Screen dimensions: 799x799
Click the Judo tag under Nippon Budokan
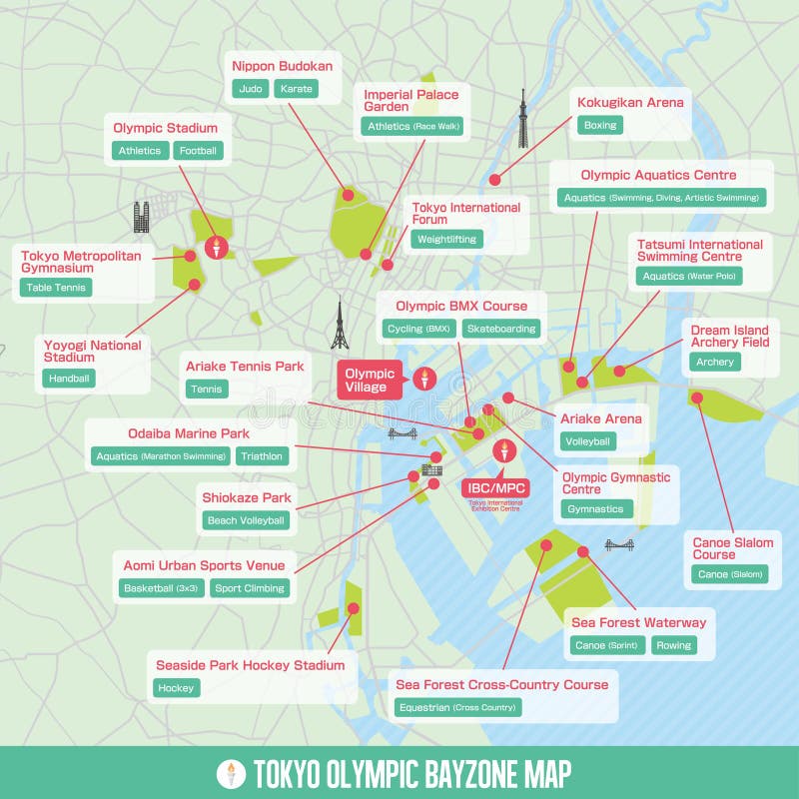coord(251,89)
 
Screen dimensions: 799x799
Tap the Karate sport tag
coord(296,89)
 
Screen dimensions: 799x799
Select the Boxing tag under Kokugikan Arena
coord(600,125)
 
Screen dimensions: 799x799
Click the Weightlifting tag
coord(446,239)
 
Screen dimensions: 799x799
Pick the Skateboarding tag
coord(501,328)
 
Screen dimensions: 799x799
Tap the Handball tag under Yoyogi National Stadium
coord(70,378)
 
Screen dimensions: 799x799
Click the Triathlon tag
coord(263,456)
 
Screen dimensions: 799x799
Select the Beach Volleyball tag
coord(246,520)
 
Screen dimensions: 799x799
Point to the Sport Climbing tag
coord(250,588)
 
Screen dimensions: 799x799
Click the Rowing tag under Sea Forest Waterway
coord(674,645)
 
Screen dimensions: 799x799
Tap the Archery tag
coord(715,362)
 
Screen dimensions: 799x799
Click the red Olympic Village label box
coord(370,381)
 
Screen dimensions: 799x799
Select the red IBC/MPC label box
coord(494,488)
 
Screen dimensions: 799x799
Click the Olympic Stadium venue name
coord(165,128)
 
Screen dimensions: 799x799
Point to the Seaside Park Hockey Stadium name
coord(250,665)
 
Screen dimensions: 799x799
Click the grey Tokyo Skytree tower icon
coord(521,118)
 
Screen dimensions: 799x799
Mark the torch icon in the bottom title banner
coord(232,773)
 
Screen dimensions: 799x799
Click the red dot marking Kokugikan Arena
coord(494,180)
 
